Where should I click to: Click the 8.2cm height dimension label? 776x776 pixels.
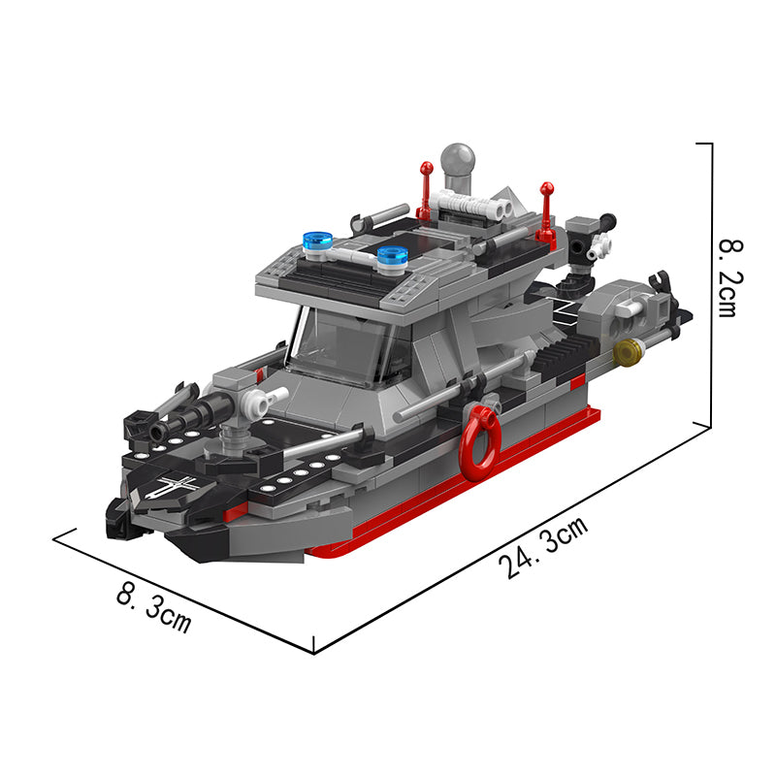coord(731,277)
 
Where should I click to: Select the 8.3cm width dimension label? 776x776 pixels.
coord(154,608)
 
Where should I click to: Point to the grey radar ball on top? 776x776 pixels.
coord(458,159)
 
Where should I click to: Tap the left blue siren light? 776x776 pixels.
coord(317,242)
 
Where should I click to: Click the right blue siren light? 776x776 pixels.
coord(393,257)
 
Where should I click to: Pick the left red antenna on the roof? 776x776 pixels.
coord(426,190)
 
